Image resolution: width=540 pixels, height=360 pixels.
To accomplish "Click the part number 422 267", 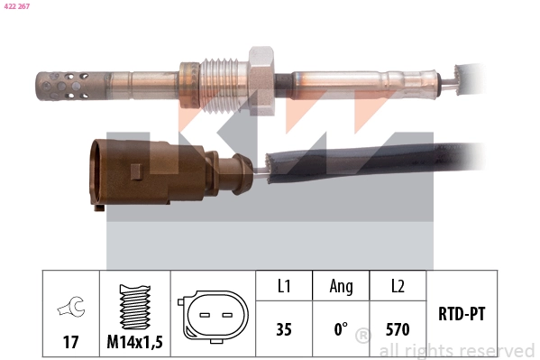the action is click(17, 6).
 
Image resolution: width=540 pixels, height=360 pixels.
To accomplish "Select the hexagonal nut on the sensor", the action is click(261, 80).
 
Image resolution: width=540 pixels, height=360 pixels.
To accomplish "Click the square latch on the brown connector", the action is click(136, 171).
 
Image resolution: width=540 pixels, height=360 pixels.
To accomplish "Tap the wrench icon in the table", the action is click(71, 306).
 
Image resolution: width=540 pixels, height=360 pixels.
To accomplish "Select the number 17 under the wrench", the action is click(70, 342).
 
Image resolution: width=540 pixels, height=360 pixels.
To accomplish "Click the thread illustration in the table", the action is click(135, 307).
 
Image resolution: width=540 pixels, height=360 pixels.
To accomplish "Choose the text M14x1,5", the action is click(134, 342).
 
